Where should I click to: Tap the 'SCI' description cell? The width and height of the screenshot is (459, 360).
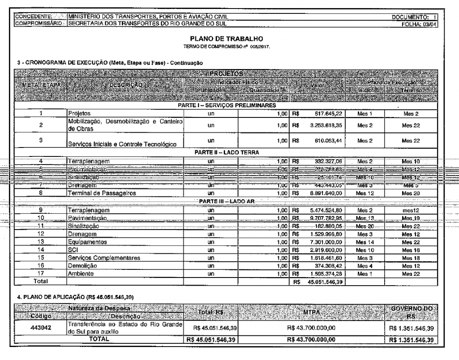pos(73,249)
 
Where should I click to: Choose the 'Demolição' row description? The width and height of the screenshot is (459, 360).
pos(82,265)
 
